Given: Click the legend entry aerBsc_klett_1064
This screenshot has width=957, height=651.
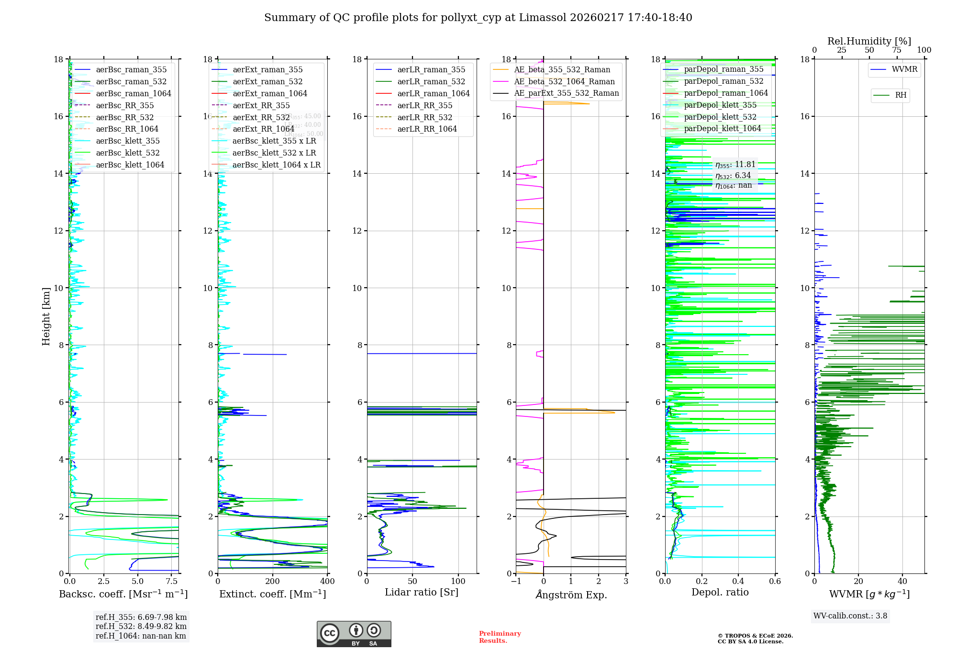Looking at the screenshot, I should coord(130,165).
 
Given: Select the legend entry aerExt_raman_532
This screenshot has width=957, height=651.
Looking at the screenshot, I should coord(267,82).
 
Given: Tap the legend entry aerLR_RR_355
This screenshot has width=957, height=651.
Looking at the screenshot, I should coord(424,105).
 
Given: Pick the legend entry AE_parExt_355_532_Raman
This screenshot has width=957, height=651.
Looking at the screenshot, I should coord(566,93).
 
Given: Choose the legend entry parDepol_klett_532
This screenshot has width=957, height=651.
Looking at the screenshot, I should coord(720,117).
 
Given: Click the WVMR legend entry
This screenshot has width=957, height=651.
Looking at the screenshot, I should coord(904,69).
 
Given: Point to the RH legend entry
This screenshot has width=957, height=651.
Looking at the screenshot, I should coord(901,95).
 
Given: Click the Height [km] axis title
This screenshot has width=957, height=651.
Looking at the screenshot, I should coord(46,316).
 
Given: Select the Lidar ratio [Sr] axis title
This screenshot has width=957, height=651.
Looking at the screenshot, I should coord(421,592).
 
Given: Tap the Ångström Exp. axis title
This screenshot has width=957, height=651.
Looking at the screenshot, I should coord(571,595).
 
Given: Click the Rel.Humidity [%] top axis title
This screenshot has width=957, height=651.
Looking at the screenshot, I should coord(869,41).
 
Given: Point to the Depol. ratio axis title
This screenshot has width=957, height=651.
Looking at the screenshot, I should coord(720,592).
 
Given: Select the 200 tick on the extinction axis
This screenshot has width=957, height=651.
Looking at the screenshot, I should coord(272,581).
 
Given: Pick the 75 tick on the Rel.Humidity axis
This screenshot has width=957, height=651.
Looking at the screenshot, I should coord(896,50).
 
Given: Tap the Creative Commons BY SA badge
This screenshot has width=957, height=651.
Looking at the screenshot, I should coord(354,634).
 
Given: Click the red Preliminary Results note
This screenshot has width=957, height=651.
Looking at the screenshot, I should coord(500,637).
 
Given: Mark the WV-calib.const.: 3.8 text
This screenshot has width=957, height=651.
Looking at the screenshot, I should coord(850,616).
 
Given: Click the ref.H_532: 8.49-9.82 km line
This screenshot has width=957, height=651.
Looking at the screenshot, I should coord(141,626).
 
